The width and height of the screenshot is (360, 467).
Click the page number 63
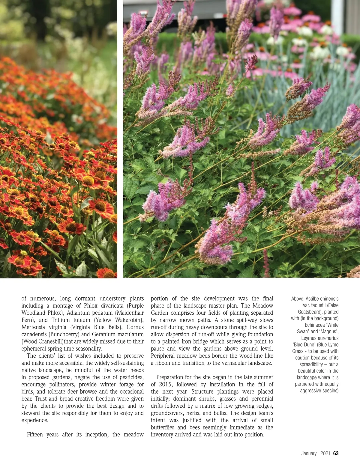click(x=336, y=453)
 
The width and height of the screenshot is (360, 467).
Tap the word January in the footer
click(x=309, y=453)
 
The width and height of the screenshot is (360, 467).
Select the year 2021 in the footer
click(x=325, y=453)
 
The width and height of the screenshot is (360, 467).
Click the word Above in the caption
click(x=297, y=299)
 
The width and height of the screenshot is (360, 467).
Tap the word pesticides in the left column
click(x=130, y=377)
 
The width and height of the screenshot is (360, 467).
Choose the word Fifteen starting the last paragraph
click(x=35, y=435)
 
